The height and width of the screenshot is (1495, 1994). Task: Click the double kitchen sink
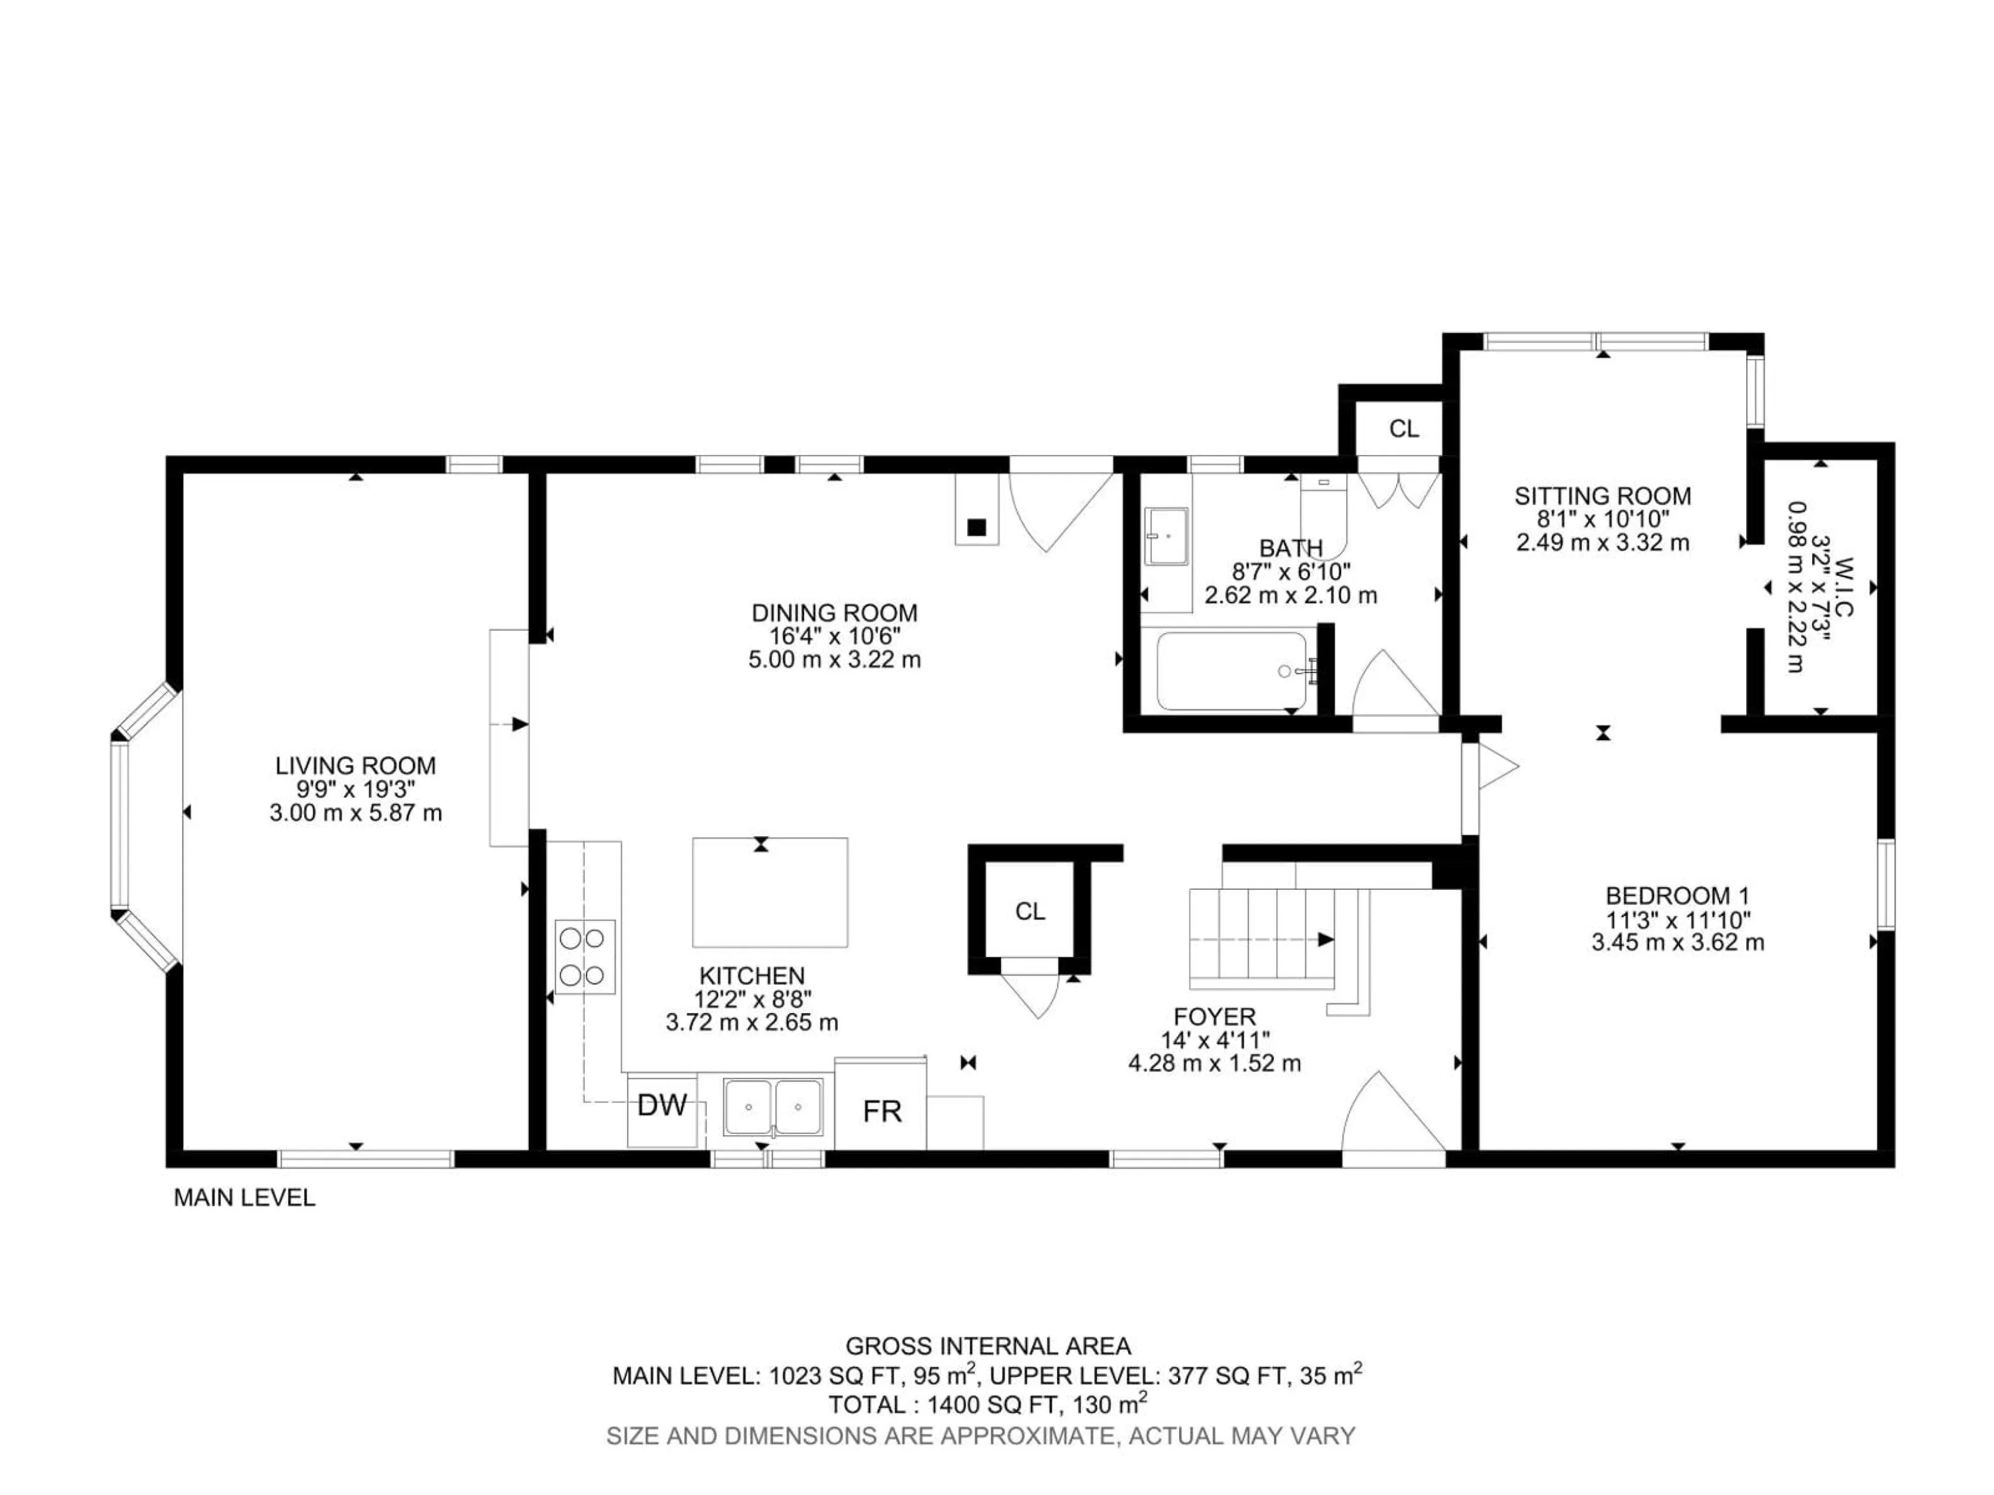pyautogui.click(x=773, y=1108)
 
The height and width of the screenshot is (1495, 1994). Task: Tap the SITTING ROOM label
pyautogui.click(x=1602, y=496)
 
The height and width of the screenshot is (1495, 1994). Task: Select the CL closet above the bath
pyautogui.click(x=1403, y=429)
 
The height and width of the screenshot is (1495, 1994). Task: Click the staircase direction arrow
pyautogui.click(x=1325, y=939)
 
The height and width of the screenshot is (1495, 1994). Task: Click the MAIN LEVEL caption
pyautogui.click(x=244, y=1198)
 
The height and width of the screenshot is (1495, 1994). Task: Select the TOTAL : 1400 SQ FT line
pyautogui.click(x=987, y=1404)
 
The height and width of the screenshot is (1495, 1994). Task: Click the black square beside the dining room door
pyautogui.click(x=976, y=527)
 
